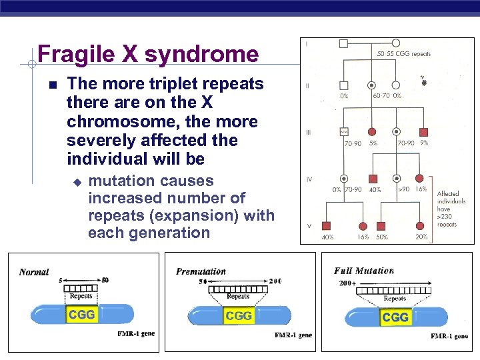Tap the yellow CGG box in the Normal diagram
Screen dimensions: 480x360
[x=81, y=314]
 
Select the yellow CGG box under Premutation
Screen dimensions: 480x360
[x=239, y=315]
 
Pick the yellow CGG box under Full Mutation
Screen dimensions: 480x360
[x=395, y=317]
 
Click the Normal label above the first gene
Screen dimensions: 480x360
[x=34, y=272]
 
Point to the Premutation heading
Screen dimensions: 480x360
[x=201, y=271]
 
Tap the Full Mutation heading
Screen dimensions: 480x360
[x=364, y=271]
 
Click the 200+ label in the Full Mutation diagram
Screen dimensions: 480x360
[x=347, y=283]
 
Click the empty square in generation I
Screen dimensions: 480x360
[x=343, y=44]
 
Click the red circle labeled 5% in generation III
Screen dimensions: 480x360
[x=371, y=131]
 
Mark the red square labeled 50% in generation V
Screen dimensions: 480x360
[x=381, y=226]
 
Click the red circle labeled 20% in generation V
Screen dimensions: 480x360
[x=420, y=226]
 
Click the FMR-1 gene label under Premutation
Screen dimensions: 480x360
[x=293, y=335]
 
